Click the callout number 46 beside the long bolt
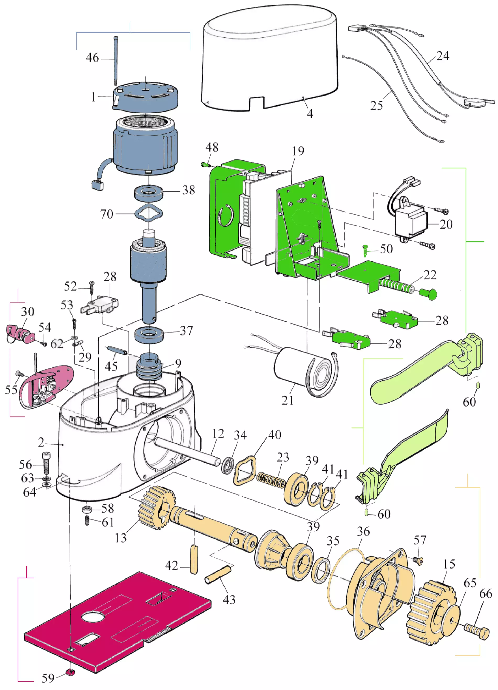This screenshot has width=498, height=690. click(92, 58)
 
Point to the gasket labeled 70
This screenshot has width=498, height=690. click(149, 213)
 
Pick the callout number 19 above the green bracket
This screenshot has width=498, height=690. click(298, 151)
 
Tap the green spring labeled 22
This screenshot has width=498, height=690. click(396, 286)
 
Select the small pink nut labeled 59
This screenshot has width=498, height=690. click(71, 672)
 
